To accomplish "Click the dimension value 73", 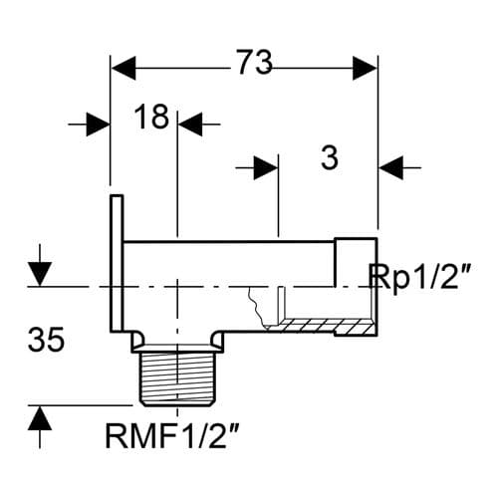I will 254,63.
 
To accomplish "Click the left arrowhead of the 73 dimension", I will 123,69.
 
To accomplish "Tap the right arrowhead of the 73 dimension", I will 366,69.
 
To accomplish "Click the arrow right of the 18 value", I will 190,124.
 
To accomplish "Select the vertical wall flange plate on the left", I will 116,264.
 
